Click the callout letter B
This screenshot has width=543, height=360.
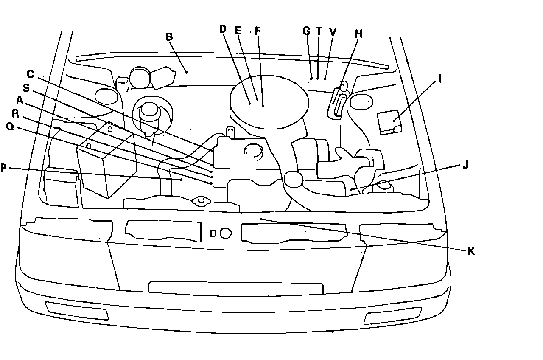click(169, 37)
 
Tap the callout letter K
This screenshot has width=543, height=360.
click(471, 251)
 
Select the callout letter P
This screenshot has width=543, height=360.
click(4, 168)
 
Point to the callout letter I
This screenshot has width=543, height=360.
click(440, 79)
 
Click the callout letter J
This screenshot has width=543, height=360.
click(465, 166)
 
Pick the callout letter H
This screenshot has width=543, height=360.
click(359, 34)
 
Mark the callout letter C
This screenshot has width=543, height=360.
click(30, 74)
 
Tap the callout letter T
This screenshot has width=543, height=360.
click(319, 31)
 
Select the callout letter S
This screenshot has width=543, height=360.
click(26, 88)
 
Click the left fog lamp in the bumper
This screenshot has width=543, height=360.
click(77, 310)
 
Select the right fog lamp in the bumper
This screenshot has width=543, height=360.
click(393, 316)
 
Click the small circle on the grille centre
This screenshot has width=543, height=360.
click(226, 233)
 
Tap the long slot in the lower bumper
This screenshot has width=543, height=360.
click(235, 288)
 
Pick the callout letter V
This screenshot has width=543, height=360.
click(333, 31)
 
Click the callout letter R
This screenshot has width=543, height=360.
click(15, 114)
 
